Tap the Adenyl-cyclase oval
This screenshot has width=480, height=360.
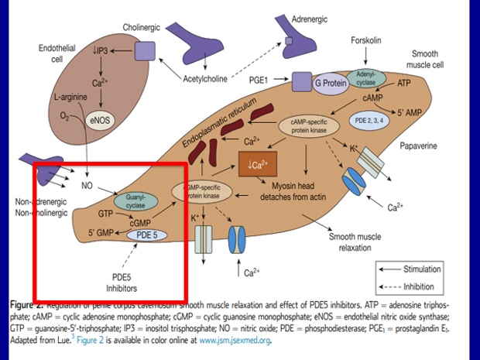[x=365, y=78]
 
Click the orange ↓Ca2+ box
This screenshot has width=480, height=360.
[x=258, y=165]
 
